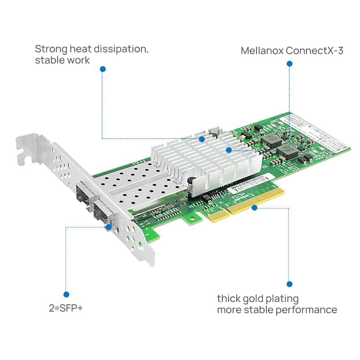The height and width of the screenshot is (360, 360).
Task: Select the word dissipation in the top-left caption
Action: [122, 49]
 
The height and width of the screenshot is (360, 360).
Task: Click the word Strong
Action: [50, 49]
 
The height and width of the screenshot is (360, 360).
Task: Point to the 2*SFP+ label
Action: [66, 309]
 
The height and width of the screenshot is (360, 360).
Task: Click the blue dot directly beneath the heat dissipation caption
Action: [103, 69]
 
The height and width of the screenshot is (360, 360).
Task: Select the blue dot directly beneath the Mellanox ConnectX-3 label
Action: [289, 64]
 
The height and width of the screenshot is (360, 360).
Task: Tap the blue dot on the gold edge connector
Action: [254, 207]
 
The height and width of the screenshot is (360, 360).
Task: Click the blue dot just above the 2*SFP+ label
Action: [67, 294]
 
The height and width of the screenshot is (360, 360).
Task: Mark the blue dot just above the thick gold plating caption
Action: [289, 284]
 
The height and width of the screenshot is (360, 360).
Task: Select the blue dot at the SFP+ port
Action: [108, 226]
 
